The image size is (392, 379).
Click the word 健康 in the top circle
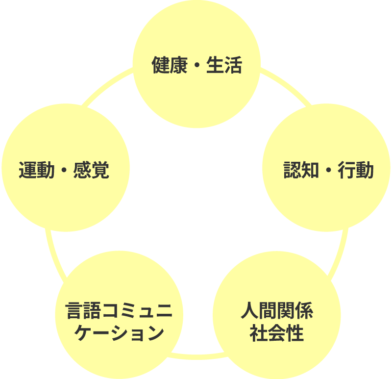click(170, 65)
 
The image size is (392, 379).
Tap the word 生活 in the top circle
click(224, 65)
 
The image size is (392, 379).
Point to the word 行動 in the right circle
click(356, 170)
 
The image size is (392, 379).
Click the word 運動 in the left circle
click(37, 170)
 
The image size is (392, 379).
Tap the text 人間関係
click(277, 311)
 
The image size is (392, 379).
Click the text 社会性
click(277, 333)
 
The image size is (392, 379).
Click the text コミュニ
click(137, 311)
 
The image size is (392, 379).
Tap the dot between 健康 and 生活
click(197, 66)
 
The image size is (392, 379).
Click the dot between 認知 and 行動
click(329, 171)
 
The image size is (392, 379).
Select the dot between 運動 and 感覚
click(64, 171)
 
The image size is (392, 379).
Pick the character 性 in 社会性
click(295, 333)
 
